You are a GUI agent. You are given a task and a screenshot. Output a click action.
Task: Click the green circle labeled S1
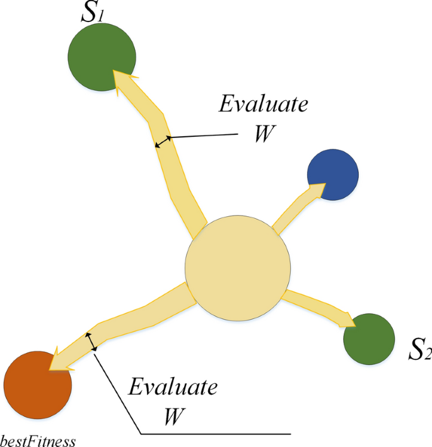pyautogui.click(x=102, y=57)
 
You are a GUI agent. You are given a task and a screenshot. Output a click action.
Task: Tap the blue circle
pyautogui.click(x=332, y=175)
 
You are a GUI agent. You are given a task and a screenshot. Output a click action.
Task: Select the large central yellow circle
pyautogui.click(x=238, y=268)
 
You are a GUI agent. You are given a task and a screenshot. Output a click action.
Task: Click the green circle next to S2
pyautogui.click(x=369, y=339)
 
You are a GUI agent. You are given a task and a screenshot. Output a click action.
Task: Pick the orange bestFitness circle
pyautogui.click(x=37, y=385)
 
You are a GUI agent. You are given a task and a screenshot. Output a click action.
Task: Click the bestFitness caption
pyautogui.click(x=38, y=440)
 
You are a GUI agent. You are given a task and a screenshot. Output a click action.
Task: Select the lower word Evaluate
pyautogui.click(x=173, y=386)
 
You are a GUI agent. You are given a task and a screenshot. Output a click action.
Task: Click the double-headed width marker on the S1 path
pyautogui.click(x=163, y=142)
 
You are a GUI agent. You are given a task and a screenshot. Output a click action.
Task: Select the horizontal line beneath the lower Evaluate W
pyautogui.click(x=214, y=434)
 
